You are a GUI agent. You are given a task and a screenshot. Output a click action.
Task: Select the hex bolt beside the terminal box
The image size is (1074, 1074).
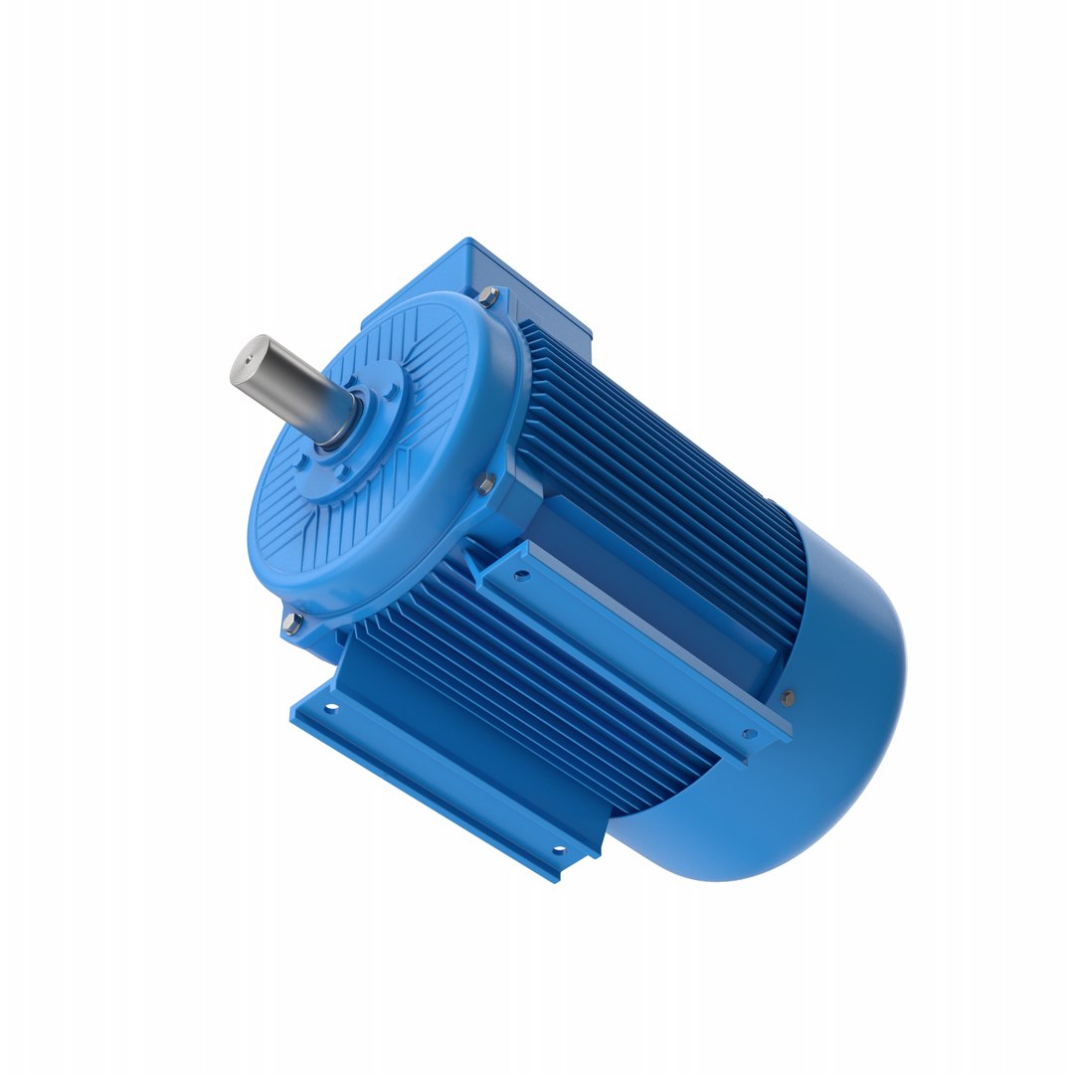pos(489,294)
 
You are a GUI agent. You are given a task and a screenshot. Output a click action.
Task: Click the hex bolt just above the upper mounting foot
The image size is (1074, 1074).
pos(485,484)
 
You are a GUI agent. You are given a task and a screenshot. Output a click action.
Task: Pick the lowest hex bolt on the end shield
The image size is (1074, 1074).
pos(289,624)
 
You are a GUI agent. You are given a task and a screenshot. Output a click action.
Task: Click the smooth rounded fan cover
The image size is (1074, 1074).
pos(815,716)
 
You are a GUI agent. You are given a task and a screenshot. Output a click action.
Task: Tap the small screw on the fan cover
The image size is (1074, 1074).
pos(788,697)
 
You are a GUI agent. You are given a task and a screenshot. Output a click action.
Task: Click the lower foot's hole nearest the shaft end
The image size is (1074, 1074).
pos(331,708)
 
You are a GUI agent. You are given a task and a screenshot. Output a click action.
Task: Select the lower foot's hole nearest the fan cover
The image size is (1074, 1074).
pos(558,850)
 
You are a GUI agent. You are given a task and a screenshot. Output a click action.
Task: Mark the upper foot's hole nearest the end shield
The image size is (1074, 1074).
pos(520,574)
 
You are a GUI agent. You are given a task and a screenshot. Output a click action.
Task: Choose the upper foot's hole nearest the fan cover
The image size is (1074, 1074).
pos(749,734)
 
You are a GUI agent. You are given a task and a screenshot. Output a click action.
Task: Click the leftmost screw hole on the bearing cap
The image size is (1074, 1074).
pos(301,462)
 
